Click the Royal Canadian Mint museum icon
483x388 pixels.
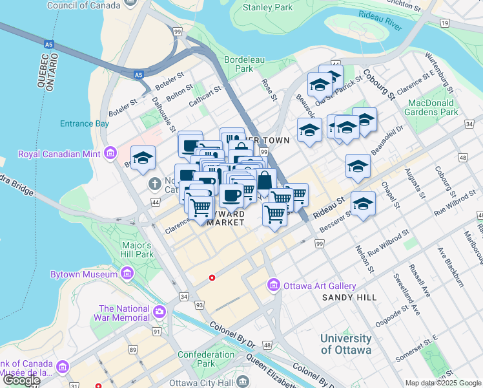pyautogui.click(x=110, y=153)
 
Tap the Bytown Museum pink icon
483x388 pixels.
pyautogui.click(x=127, y=275)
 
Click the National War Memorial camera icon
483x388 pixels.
pyautogui.click(x=159, y=313)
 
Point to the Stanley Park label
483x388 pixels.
pyautogui.click(x=267, y=8)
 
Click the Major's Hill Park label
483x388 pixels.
pyautogui.click(x=138, y=250)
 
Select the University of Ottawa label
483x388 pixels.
pyautogui.click(x=346, y=344)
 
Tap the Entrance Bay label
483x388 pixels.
pyautogui.click(x=84, y=123)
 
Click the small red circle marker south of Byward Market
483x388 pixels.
pyautogui.click(x=212, y=278)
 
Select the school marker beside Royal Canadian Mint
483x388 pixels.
pyautogui.click(x=143, y=156)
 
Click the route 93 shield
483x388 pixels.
pyautogui.click(x=200, y=305)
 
